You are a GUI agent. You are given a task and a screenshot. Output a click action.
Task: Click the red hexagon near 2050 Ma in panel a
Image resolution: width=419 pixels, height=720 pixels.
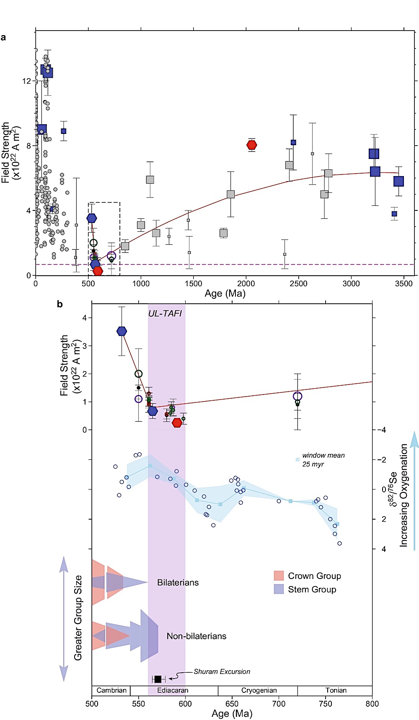tap(251, 145)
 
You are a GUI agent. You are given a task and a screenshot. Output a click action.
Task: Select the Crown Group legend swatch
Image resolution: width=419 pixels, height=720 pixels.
tap(279, 576)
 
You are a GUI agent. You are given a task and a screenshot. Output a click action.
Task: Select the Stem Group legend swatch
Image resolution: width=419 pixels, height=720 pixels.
tap(279, 589)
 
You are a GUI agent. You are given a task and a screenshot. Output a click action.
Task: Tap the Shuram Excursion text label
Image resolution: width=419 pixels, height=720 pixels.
tap(222, 671)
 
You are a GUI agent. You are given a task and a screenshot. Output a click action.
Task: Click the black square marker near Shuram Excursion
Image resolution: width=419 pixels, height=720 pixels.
tap(158, 679)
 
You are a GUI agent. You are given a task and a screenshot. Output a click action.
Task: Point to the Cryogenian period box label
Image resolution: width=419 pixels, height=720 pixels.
tap(259, 690)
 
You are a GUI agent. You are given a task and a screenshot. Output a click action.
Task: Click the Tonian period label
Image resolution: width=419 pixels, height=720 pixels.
tap(336, 690)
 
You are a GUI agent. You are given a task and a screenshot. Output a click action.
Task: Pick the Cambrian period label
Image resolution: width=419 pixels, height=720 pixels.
tap(111, 690)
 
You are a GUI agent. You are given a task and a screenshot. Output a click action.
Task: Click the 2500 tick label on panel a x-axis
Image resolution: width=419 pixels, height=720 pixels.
tap(298, 284)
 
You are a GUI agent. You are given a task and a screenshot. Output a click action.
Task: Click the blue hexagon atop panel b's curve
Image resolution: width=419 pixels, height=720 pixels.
tap(122, 331)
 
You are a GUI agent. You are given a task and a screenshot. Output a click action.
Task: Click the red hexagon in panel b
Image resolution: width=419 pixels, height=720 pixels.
tap(177, 423)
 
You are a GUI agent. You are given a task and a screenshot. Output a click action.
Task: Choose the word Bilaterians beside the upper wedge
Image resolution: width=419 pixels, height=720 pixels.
tap(178, 582)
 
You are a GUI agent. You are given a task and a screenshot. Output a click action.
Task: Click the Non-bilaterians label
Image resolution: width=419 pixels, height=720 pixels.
tap(196, 636)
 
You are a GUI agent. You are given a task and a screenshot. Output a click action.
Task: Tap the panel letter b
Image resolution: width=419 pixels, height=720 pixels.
tap(60, 304)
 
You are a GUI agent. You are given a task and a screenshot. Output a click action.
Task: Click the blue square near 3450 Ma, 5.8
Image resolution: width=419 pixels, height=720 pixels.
tap(398, 181)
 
